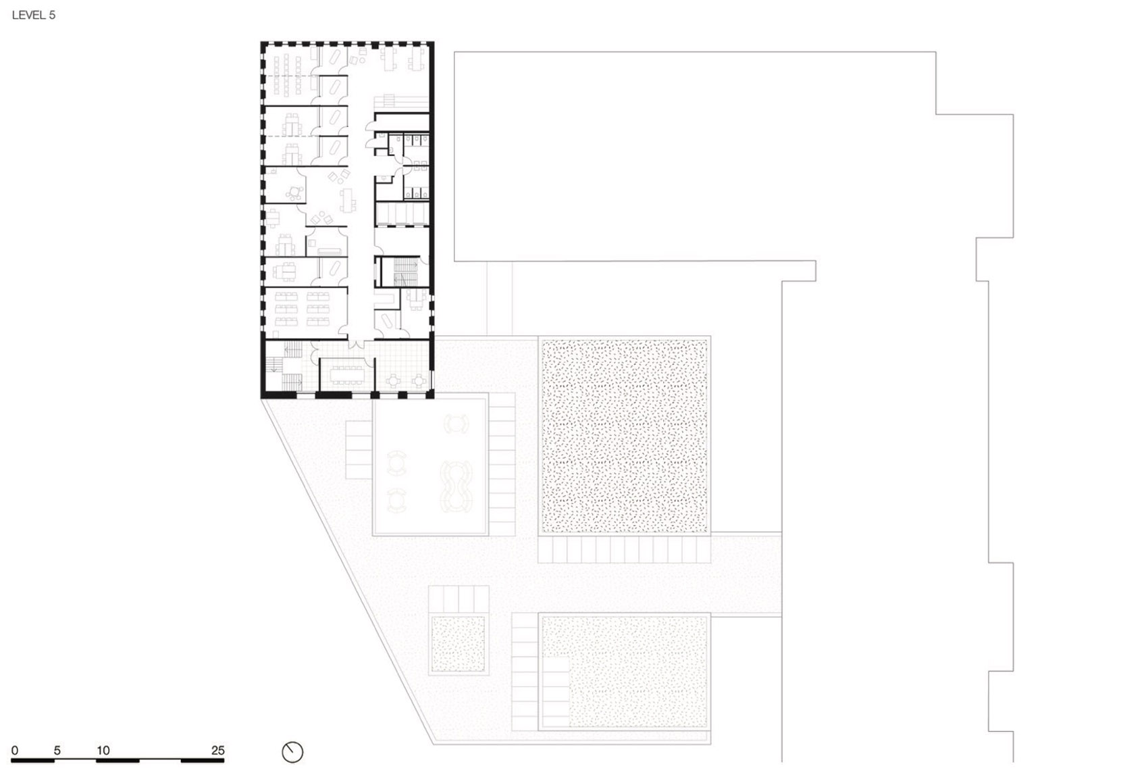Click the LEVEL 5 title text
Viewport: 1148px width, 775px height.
34,15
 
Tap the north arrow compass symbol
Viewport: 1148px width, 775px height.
292,752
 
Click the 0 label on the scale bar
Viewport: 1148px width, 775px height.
15,751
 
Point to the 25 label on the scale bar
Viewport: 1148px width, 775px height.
217,751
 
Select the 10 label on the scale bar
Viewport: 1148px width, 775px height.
103,751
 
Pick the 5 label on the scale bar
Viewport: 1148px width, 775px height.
57,751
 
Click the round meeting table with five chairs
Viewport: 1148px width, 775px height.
294,193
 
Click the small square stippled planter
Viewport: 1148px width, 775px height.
458,644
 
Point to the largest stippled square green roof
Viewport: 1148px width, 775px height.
623,436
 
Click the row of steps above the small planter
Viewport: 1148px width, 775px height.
459,599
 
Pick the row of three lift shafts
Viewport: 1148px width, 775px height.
402,215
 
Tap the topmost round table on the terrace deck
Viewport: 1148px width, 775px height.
456,424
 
